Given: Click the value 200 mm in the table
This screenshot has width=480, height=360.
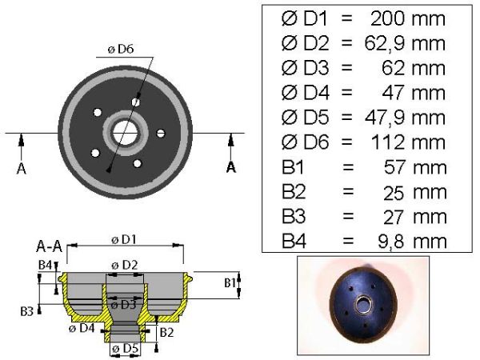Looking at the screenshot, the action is click(408, 18).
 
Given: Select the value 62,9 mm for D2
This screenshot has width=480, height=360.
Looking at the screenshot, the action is click(405, 43).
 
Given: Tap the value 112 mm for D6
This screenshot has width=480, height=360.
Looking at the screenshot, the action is click(408, 142).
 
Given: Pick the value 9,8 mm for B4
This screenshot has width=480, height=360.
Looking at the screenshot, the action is click(412, 242).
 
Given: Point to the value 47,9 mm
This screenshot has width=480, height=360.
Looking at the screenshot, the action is click(405, 118).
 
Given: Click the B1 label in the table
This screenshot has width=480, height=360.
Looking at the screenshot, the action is click(293, 168).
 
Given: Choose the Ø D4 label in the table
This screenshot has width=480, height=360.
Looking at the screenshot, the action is click(306, 93).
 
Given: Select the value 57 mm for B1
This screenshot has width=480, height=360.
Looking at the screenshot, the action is click(415, 168).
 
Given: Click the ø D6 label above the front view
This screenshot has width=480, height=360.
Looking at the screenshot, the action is click(121, 50).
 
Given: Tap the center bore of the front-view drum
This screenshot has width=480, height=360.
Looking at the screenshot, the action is click(125, 133).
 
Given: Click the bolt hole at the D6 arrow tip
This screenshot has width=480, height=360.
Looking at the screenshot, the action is click(136, 102).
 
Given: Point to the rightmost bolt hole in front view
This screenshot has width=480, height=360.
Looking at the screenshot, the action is click(161, 133).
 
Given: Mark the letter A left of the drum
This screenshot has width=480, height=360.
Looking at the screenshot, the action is click(21, 168).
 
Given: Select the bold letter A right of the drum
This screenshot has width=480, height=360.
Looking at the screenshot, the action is click(231, 167).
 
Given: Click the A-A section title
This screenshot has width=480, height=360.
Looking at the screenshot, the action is click(49, 246).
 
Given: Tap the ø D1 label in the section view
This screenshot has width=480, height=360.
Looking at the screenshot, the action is click(124, 240).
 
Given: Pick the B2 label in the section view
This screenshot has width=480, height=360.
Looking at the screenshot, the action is click(167, 333).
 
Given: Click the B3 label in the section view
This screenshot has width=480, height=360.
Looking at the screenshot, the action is click(26, 312).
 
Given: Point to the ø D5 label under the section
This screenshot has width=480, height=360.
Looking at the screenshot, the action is click(126, 348).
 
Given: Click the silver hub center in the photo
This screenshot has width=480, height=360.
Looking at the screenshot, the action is click(364, 305).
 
